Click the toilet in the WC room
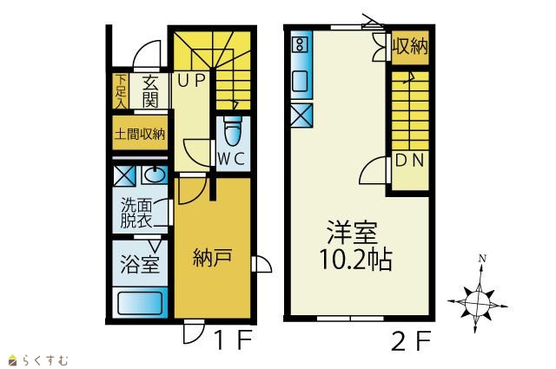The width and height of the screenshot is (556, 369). point(233,131)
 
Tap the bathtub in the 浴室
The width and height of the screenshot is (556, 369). point(140,303)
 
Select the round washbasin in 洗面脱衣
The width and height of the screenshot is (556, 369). point(155,175)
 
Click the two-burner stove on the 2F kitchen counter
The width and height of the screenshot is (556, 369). point(300,44)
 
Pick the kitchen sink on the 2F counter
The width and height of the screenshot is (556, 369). point(300,81)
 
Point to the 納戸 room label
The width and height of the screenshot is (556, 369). point(212,257)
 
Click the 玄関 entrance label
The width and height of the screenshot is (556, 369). point(150,91)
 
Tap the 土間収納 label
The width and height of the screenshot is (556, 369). point(140,135)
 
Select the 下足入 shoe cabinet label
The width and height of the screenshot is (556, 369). point(121,91)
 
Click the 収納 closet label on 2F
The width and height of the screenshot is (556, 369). point(410,46)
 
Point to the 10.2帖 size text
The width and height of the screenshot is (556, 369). point(355,260)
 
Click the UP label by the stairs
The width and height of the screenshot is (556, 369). point(191,81)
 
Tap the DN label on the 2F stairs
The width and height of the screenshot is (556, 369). point(409,161)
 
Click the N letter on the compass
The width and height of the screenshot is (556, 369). point(482,259)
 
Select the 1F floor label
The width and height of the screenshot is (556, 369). point(234,339)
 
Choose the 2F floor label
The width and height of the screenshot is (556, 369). point(411,340)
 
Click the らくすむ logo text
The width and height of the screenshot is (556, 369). point(44,360)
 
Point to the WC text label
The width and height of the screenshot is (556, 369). point(231,159)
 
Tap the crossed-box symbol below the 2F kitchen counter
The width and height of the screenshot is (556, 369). point(301,115)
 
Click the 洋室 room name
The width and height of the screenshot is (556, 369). point(353,233)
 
